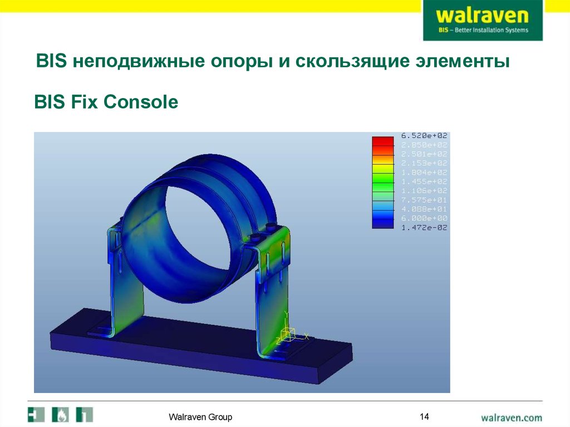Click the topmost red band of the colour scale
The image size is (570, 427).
(382, 140)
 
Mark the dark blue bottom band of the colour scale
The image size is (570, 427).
(382, 224)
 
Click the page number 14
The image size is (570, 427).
(424, 416)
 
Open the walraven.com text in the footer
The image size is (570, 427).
(512, 416)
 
